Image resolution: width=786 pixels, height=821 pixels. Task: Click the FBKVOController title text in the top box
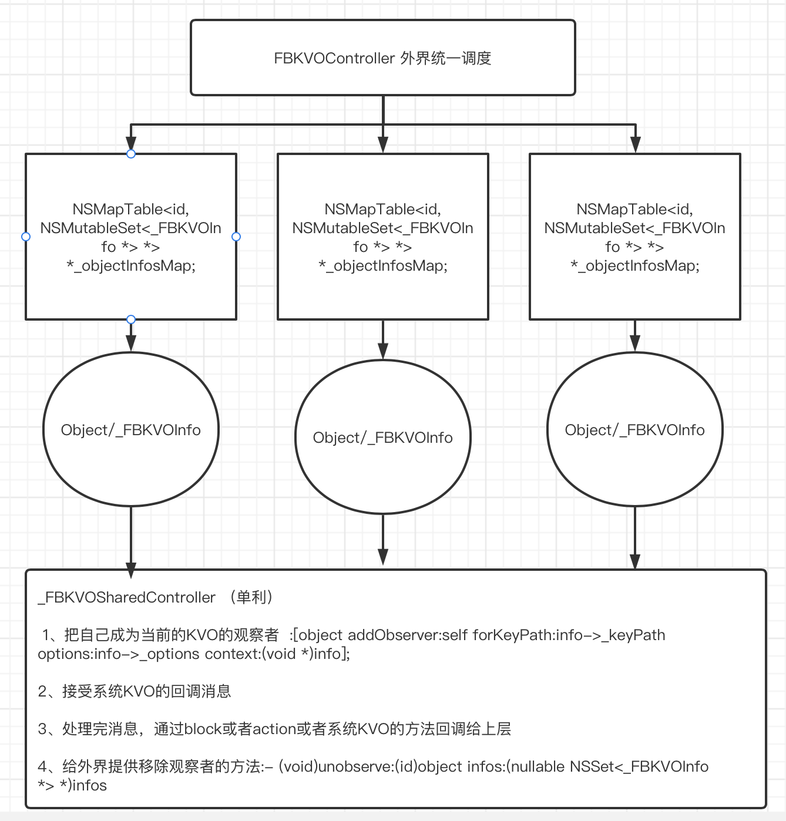click(x=382, y=58)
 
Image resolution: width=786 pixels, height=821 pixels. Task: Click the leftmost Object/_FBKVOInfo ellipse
click(x=131, y=430)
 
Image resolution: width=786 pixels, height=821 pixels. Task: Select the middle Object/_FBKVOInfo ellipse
click(x=383, y=438)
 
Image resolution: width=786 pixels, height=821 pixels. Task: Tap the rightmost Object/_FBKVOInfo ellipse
click(x=635, y=430)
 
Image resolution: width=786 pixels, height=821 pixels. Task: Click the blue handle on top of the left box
click(x=131, y=154)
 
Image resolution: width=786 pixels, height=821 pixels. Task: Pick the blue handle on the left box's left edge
click(x=26, y=237)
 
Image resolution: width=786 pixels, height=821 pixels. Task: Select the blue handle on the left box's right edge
click(x=236, y=237)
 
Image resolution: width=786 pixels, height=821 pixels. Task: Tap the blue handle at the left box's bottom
click(x=131, y=319)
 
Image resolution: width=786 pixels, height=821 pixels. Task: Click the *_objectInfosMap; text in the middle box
click(x=383, y=266)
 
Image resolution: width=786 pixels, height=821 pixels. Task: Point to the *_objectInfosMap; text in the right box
click(x=635, y=266)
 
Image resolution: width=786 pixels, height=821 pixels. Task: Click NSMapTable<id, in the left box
click(x=131, y=210)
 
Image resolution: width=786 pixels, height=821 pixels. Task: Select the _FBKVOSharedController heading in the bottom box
click(x=127, y=598)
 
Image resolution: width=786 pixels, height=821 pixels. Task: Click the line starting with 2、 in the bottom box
click(x=135, y=691)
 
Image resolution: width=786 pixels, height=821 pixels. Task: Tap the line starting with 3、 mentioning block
click(x=274, y=729)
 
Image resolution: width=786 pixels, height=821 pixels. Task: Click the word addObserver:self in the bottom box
click(x=409, y=635)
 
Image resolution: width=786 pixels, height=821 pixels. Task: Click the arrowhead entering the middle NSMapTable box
click(x=383, y=144)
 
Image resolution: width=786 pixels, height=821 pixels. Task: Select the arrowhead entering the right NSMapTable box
click(x=635, y=144)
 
